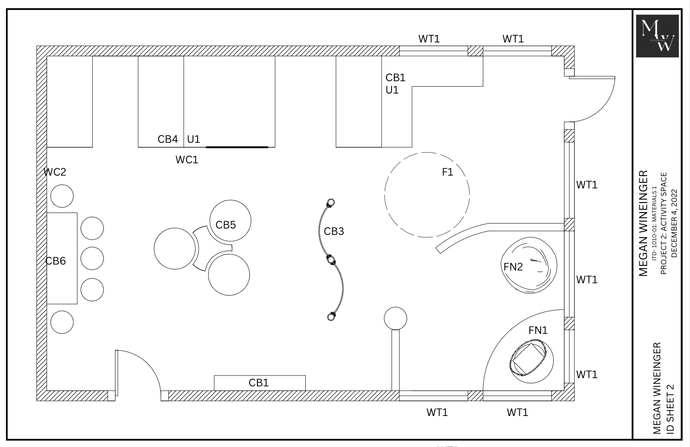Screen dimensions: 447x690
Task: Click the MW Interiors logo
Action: (657, 36)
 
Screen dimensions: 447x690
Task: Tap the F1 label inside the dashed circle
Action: (447, 172)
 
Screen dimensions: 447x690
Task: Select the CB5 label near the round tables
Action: (225, 225)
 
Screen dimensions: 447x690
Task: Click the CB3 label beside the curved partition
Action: (334, 231)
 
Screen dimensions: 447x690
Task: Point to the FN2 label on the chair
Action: (513, 267)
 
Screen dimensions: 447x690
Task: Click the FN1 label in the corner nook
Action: (538, 330)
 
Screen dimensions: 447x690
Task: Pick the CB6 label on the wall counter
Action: (56, 261)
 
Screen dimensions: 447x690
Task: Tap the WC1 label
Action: (187, 160)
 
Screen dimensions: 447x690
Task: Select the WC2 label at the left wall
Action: (55, 172)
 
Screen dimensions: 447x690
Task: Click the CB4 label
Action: (167, 139)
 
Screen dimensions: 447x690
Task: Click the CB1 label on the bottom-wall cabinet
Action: (258, 383)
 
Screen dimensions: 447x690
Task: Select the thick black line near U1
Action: (237, 147)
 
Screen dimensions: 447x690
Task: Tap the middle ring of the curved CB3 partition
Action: (331, 260)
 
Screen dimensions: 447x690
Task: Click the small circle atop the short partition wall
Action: (395, 318)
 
